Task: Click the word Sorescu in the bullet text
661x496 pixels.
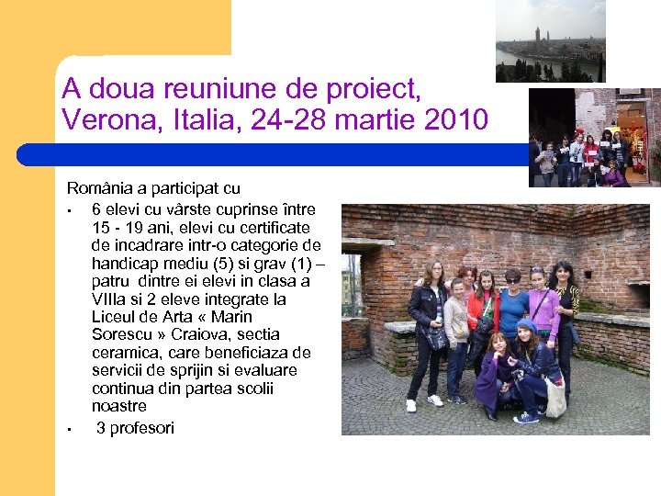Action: coord(121,334)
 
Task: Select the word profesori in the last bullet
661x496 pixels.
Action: coord(141,428)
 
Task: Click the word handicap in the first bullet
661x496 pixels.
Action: coord(122,264)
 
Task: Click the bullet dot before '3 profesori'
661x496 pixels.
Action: coord(70,430)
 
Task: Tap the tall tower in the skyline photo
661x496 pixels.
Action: coord(536,37)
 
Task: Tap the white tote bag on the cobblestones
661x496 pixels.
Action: coord(555,399)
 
